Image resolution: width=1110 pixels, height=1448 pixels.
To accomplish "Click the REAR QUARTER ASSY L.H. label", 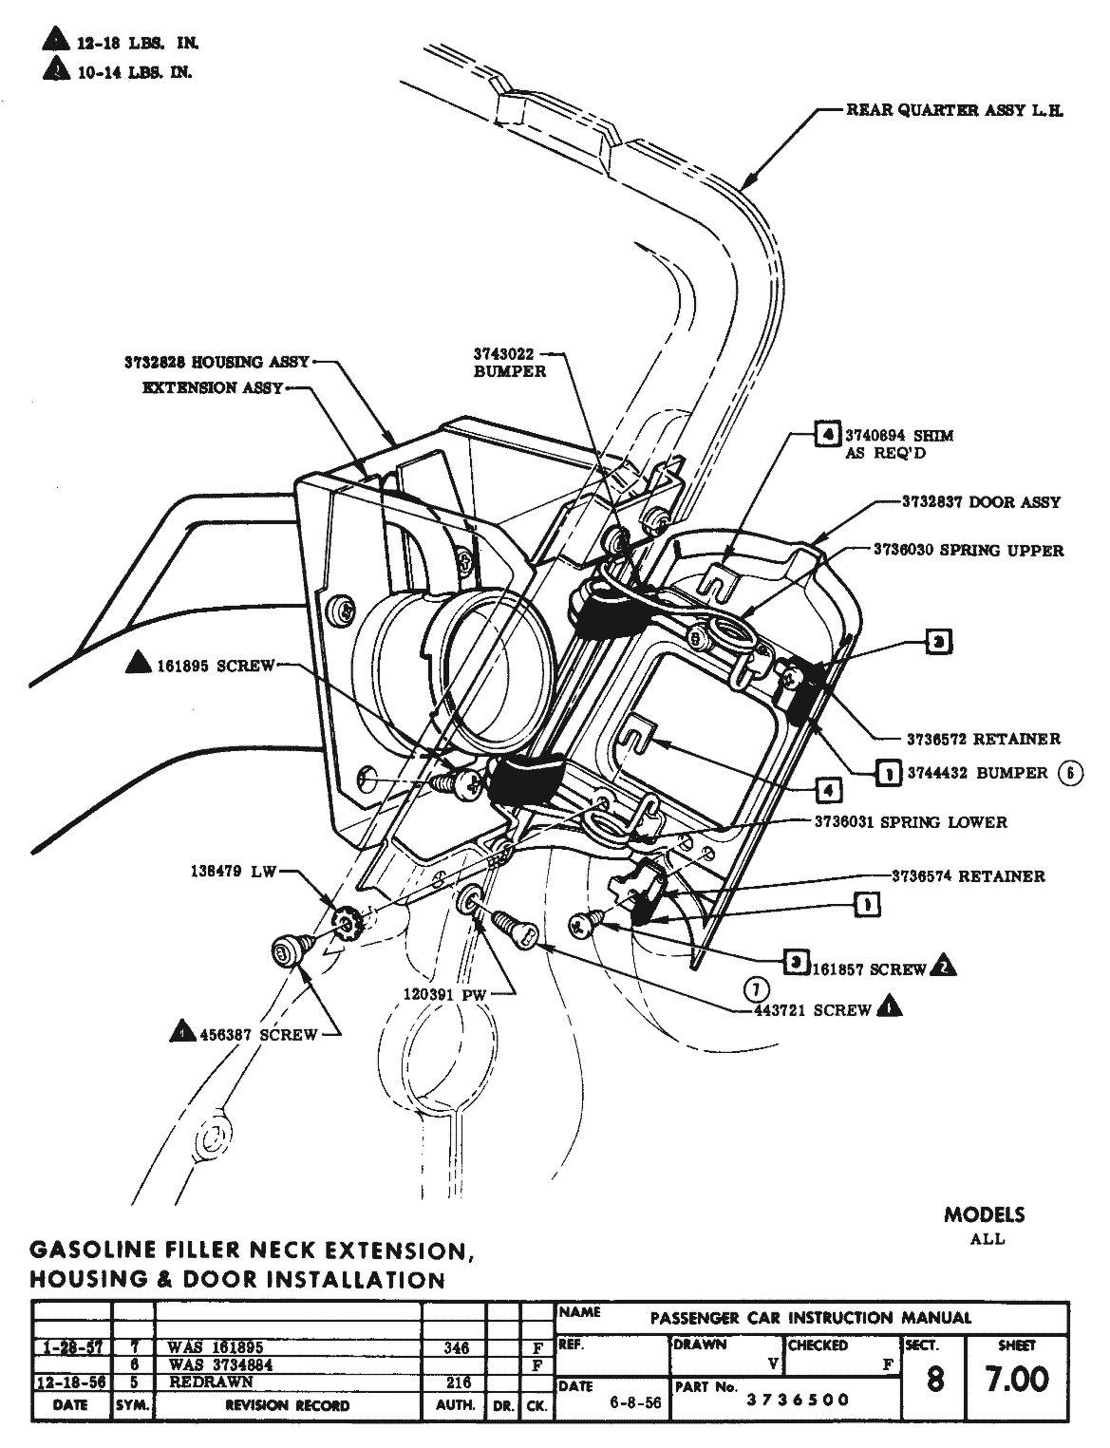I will pos(954,111).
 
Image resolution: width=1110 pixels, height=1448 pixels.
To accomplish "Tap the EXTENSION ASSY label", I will pos(212,388).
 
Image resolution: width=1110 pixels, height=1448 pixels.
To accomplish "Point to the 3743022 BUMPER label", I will pos(510,363).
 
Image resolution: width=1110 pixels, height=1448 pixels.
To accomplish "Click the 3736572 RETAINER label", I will pos(983,739).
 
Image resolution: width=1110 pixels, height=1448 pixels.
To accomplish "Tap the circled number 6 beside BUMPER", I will pos(1069,773).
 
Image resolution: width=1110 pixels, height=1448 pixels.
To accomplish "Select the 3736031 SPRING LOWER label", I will pos(910,822).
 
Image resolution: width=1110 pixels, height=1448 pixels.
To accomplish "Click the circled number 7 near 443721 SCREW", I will pos(755,989).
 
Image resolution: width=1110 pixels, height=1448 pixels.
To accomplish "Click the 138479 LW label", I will pos(232,873).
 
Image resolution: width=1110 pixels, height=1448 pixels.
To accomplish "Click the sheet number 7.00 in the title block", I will pos(1017,1379).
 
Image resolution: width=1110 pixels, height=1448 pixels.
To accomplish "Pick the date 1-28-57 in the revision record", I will pos(72,1347).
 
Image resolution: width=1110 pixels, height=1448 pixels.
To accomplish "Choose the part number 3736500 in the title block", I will pos(800,1400).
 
